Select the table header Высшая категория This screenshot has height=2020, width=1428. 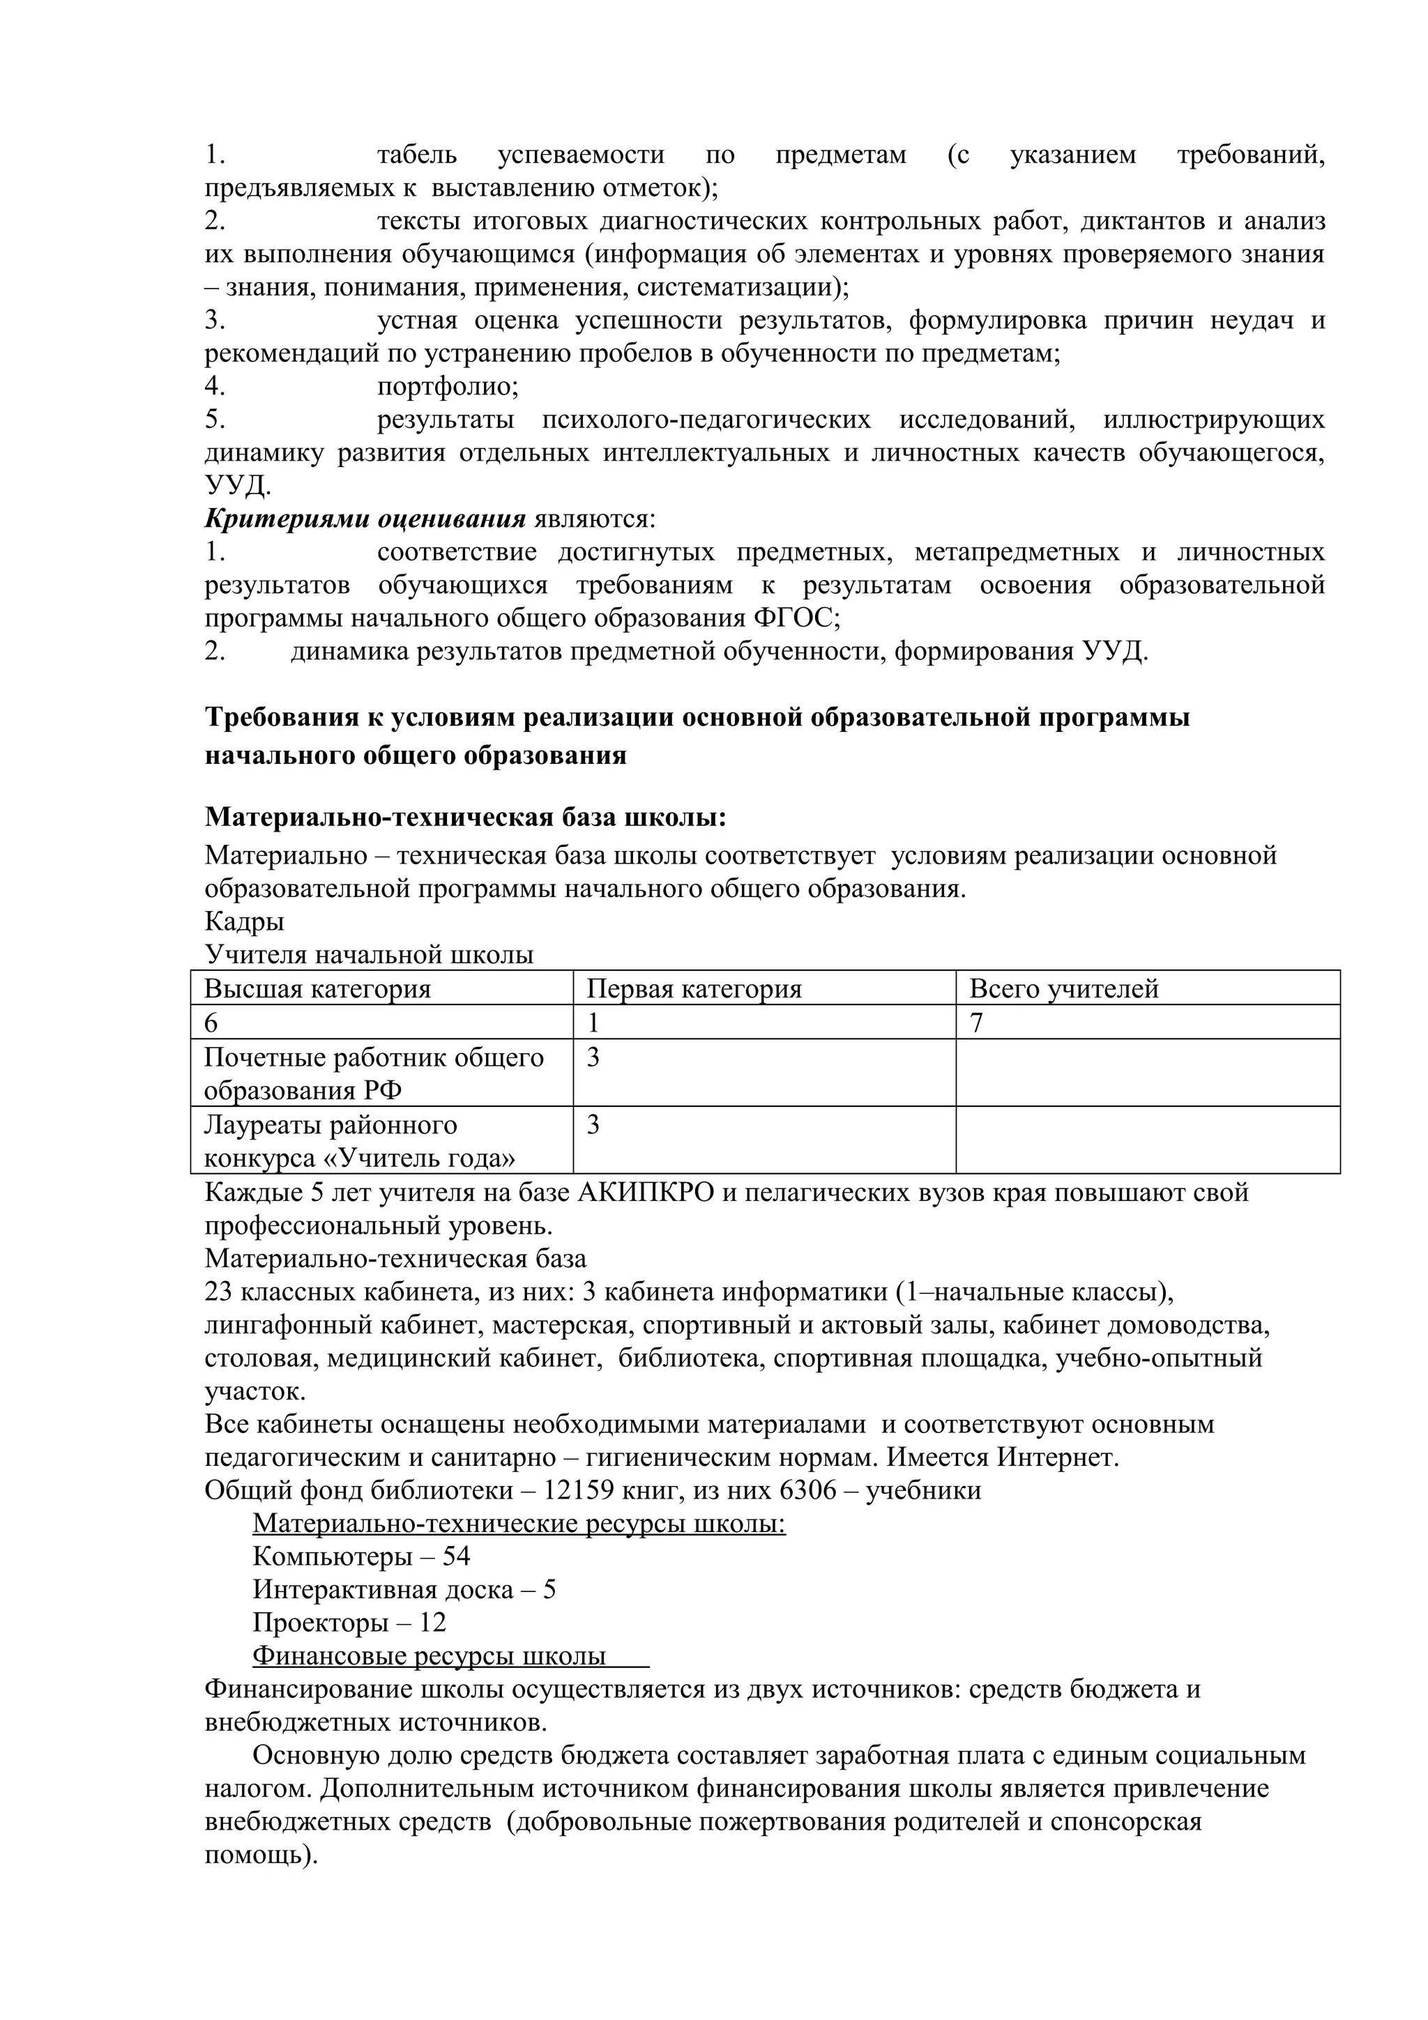pos(318,989)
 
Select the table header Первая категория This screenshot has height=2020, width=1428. pos(694,989)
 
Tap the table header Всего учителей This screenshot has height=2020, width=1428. pos(1064,989)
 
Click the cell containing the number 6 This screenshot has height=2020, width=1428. pos(211,1023)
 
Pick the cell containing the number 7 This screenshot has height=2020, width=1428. pos(977,1023)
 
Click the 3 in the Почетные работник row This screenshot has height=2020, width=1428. pos(593,1057)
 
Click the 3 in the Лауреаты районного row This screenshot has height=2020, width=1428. pos(593,1124)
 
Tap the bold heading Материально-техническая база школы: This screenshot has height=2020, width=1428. pos(466,818)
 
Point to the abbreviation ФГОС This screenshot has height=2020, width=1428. pos(792,618)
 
